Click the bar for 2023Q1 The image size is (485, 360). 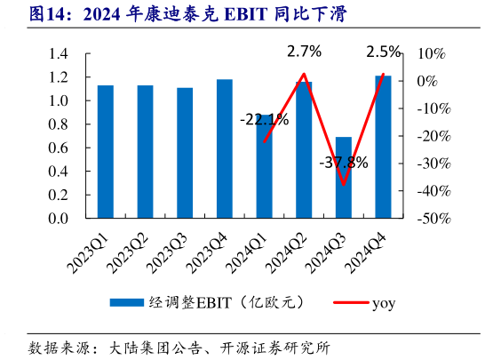(x=105, y=151)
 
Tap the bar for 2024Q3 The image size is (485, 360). (x=344, y=177)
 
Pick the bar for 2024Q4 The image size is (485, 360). (x=383, y=147)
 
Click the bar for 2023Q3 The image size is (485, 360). (x=185, y=153)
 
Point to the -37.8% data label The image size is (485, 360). (x=344, y=163)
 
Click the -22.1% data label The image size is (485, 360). (x=264, y=119)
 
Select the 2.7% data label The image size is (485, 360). (x=304, y=52)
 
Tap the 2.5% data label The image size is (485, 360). (x=383, y=52)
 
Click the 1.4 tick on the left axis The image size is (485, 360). (x=58, y=54)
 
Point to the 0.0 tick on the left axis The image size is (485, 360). (x=58, y=218)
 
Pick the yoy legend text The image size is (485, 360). (x=383, y=303)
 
